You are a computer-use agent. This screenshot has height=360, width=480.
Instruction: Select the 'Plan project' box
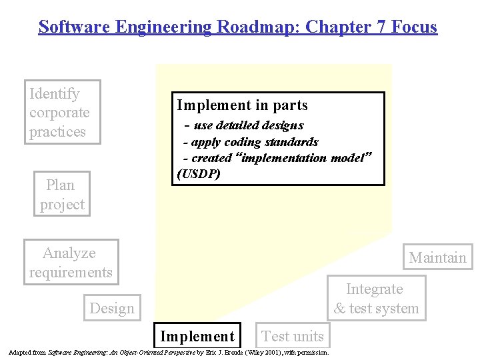(62, 194)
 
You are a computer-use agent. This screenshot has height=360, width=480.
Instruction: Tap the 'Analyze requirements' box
(71, 262)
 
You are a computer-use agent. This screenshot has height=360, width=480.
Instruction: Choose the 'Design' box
(112, 308)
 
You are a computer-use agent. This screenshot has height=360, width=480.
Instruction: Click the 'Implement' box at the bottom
(198, 336)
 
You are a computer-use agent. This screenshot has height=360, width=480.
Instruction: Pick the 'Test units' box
(293, 336)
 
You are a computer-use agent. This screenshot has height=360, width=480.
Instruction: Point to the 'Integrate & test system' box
(376, 299)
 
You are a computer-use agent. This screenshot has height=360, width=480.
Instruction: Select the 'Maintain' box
(437, 257)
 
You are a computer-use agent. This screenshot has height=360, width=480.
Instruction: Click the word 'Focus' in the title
(415, 27)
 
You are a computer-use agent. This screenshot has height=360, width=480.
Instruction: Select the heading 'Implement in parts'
(242, 105)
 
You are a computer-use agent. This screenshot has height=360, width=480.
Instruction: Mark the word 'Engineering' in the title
(154, 27)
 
